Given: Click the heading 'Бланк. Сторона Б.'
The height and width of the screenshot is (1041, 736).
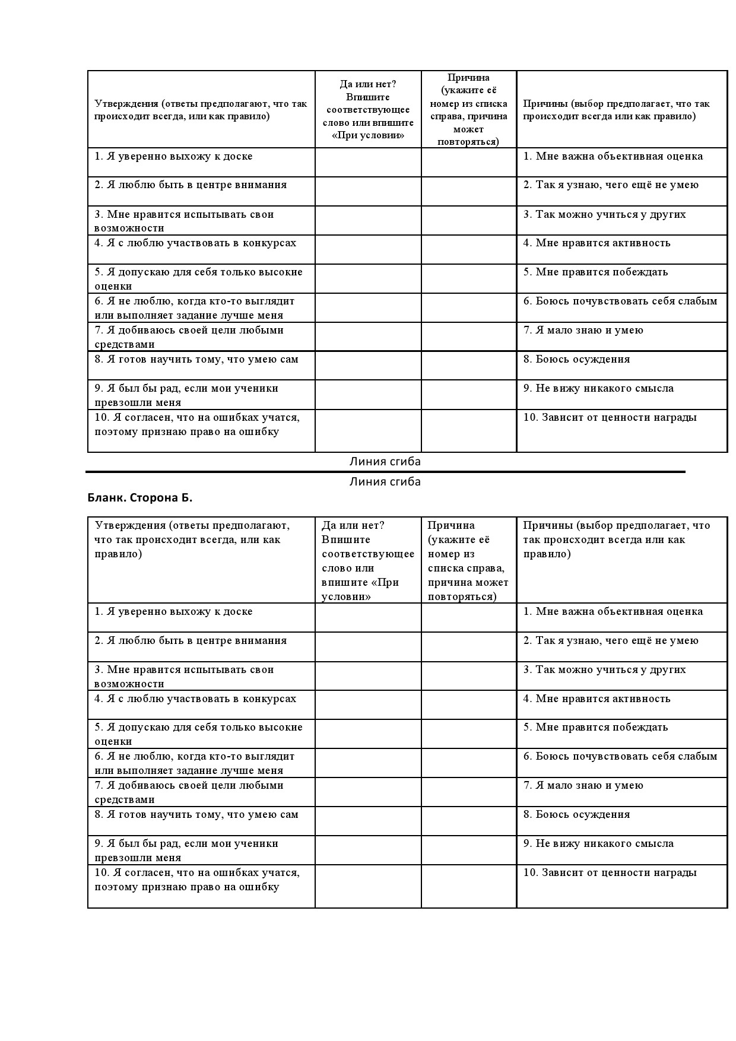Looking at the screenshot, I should (x=140, y=498).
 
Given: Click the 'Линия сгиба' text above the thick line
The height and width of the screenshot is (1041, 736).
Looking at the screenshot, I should (x=385, y=461).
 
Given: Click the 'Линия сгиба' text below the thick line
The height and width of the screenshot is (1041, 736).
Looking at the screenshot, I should (x=385, y=481).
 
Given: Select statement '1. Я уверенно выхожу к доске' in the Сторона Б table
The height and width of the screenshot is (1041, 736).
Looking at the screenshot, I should (x=173, y=611).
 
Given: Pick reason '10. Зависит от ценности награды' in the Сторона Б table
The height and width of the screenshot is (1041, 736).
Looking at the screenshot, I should (x=610, y=872).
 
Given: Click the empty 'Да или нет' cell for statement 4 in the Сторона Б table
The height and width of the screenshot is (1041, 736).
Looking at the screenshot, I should (x=368, y=704).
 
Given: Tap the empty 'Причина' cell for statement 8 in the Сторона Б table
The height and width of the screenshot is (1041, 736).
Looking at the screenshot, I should (x=468, y=820).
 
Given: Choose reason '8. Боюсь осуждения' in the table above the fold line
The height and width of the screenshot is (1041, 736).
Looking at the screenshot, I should (x=576, y=359).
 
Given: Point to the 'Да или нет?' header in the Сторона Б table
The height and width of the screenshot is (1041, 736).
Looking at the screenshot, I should (x=353, y=525).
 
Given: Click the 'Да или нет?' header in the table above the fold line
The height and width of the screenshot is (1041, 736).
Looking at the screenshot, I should (x=368, y=84).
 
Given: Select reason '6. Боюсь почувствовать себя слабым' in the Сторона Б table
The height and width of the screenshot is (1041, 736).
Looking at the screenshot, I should (x=620, y=756).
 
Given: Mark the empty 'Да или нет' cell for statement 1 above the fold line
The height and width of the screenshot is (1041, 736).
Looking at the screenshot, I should (x=368, y=162).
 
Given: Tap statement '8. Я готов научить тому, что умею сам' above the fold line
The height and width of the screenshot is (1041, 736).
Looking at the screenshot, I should (x=196, y=359).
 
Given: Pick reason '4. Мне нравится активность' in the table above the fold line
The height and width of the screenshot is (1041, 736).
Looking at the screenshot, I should (x=597, y=243).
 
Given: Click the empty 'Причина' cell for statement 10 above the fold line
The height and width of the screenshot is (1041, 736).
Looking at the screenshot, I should (x=468, y=430).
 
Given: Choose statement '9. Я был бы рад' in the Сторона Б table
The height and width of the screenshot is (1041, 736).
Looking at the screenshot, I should (x=186, y=850).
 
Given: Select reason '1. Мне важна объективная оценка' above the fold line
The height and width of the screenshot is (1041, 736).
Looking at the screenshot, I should (x=613, y=156).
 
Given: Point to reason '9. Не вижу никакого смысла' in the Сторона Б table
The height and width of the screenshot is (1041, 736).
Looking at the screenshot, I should (x=598, y=843).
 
